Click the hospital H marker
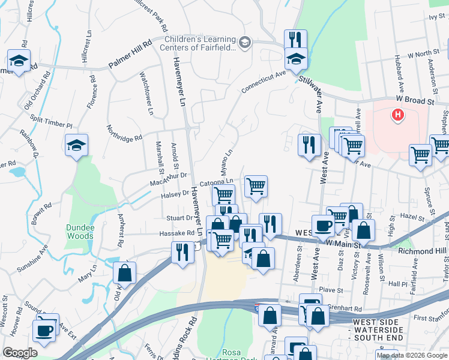coord(397,115)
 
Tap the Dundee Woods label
coord(80,232)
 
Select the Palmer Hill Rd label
coord(130,55)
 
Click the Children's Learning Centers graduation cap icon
coord(244,42)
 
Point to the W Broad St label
coord(414,101)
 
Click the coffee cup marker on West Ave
coord(323,225)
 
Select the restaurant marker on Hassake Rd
coord(182,251)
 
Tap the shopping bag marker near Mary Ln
coord(125,272)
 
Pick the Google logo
coord(20,353)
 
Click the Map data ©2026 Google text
coord(412,355)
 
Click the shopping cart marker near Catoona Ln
coord(256,186)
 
